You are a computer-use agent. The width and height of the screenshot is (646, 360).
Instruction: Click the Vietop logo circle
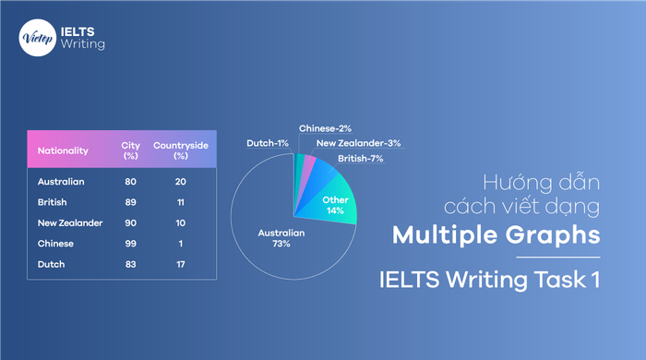(x=34, y=36)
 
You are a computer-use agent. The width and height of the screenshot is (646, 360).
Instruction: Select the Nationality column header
(x=63, y=150)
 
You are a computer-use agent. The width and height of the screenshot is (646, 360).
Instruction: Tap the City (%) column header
(x=131, y=150)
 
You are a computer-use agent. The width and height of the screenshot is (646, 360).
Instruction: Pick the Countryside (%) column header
(x=180, y=150)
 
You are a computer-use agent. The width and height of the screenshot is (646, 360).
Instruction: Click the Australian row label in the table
(x=61, y=182)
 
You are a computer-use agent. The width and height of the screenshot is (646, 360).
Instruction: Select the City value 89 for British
(x=131, y=202)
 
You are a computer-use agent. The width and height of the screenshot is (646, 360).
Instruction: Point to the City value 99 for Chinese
(x=131, y=244)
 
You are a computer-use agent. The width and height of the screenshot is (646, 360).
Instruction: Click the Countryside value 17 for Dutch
(x=180, y=265)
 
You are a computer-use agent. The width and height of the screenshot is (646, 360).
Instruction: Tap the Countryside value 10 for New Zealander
(x=180, y=223)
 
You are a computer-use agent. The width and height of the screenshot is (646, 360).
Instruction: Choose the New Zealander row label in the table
(x=70, y=223)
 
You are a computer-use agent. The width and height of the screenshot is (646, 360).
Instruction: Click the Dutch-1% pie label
(x=267, y=143)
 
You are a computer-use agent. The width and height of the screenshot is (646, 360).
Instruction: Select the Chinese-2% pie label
(x=325, y=128)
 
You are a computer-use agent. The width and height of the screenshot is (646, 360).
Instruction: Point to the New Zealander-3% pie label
(x=358, y=143)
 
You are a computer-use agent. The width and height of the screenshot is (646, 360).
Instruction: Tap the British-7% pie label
(x=362, y=158)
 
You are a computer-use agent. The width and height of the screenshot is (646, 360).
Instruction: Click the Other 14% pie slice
(x=333, y=205)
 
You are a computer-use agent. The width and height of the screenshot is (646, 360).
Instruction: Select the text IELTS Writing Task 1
(x=491, y=277)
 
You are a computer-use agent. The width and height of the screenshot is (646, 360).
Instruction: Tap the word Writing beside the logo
(x=82, y=43)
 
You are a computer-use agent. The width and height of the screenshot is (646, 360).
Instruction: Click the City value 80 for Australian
(x=131, y=182)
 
